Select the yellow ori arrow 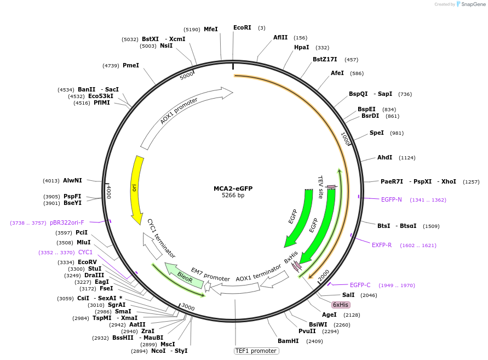tap(135, 189)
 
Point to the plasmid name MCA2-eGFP tap(233, 188)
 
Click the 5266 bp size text tap(233, 196)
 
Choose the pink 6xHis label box tap(341, 305)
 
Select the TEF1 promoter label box tap(256, 351)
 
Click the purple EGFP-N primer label tap(392, 199)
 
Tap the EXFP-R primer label tap(382, 245)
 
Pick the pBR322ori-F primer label tap(67, 222)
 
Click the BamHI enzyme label tap(288, 341)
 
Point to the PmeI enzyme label tap(131, 65)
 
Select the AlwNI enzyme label tap(72, 180)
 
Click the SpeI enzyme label tap(377, 133)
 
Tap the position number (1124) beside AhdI tap(407, 158)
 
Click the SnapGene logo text tap(474, 4)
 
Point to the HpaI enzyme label tap(302, 47)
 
